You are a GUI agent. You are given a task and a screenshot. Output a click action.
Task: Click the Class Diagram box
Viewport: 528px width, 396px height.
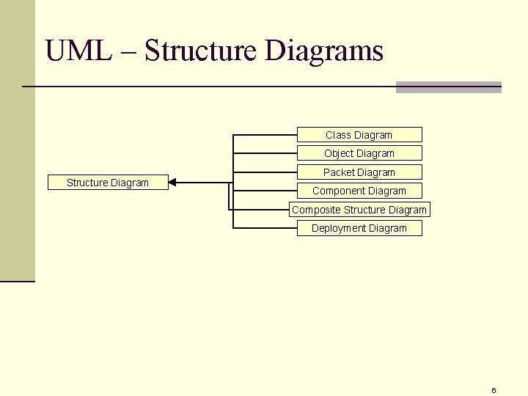pyautogui.click(x=359, y=135)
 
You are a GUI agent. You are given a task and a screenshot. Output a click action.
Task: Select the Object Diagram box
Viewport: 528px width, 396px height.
pyautogui.click(x=359, y=153)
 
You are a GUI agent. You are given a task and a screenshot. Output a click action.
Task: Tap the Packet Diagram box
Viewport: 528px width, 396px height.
pyautogui.click(x=359, y=172)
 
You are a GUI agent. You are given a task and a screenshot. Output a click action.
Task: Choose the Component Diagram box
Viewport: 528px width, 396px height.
pyautogui.click(x=359, y=191)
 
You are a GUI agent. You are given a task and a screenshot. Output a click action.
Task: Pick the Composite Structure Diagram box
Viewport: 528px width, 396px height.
pyautogui.click(x=359, y=210)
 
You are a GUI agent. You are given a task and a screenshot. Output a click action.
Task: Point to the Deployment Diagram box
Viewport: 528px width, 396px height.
pyautogui.click(x=359, y=228)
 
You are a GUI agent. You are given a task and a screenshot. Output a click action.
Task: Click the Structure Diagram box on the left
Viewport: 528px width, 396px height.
pyautogui.click(x=108, y=183)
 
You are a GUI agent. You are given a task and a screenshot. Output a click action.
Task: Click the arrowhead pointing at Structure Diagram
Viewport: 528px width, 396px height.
pyautogui.click(x=172, y=183)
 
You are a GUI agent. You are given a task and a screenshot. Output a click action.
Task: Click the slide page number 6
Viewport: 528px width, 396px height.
pyautogui.click(x=494, y=390)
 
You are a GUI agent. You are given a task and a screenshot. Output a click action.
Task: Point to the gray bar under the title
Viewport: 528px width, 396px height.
pyautogui.click(x=448, y=87)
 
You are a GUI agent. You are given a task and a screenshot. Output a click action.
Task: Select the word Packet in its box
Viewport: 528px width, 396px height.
pyautogui.click(x=339, y=172)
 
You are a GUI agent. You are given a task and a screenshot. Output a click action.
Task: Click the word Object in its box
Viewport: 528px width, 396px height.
pyautogui.click(x=339, y=153)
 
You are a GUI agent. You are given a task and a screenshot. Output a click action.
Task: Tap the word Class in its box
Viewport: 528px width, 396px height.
pyautogui.click(x=338, y=135)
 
